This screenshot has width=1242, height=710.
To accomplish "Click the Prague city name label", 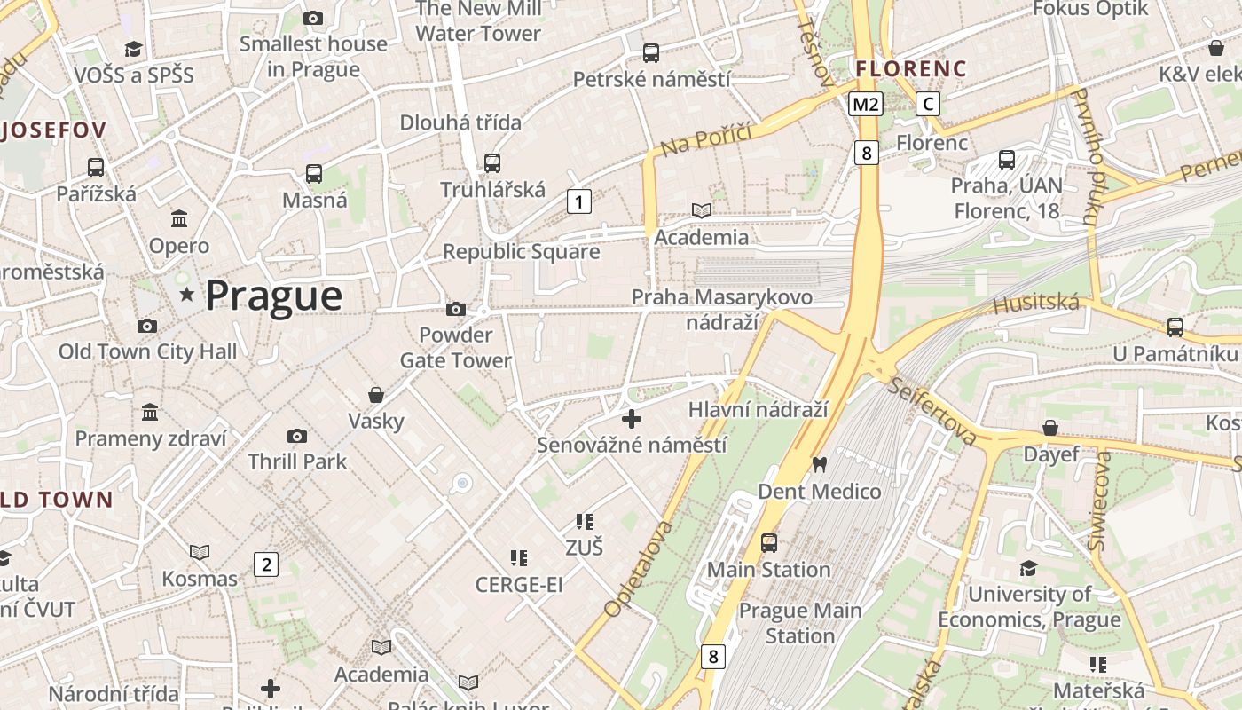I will pyautogui.click(x=273, y=296).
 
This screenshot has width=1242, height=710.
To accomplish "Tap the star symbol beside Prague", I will pyautogui.click(x=186, y=294).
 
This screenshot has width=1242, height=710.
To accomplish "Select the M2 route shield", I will pyautogui.click(x=865, y=104).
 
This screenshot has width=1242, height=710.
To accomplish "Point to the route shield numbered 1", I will pyautogui.click(x=578, y=202).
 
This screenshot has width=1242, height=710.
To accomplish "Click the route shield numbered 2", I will pyautogui.click(x=265, y=564).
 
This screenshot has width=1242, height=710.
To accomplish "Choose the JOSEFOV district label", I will pyautogui.click(x=53, y=130).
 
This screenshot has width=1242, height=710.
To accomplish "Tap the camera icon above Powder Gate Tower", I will pyautogui.click(x=456, y=309).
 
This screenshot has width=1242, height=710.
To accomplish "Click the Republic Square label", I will pyautogui.click(x=521, y=252).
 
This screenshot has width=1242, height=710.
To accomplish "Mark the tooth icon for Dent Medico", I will pyautogui.click(x=819, y=464).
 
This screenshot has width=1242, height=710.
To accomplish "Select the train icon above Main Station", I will pyautogui.click(x=768, y=542).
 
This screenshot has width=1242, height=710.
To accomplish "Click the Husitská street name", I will pyautogui.click(x=1035, y=304).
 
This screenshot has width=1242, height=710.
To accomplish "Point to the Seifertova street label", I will pyautogui.click(x=931, y=412).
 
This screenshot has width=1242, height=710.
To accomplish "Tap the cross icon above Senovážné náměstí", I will pyautogui.click(x=632, y=418).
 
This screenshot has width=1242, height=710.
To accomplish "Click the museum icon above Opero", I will pyautogui.click(x=179, y=218).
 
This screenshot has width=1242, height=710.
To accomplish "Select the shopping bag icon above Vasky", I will pyautogui.click(x=376, y=394).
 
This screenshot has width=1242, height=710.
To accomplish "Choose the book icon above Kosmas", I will pyautogui.click(x=200, y=552).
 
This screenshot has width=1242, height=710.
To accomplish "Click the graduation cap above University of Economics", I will pyautogui.click(x=1028, y=567).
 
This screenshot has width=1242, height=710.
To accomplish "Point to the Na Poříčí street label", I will pyautogui.click(x=706, y=138).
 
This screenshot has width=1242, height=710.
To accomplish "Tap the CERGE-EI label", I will pyautogui.click(x=519, y=585).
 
